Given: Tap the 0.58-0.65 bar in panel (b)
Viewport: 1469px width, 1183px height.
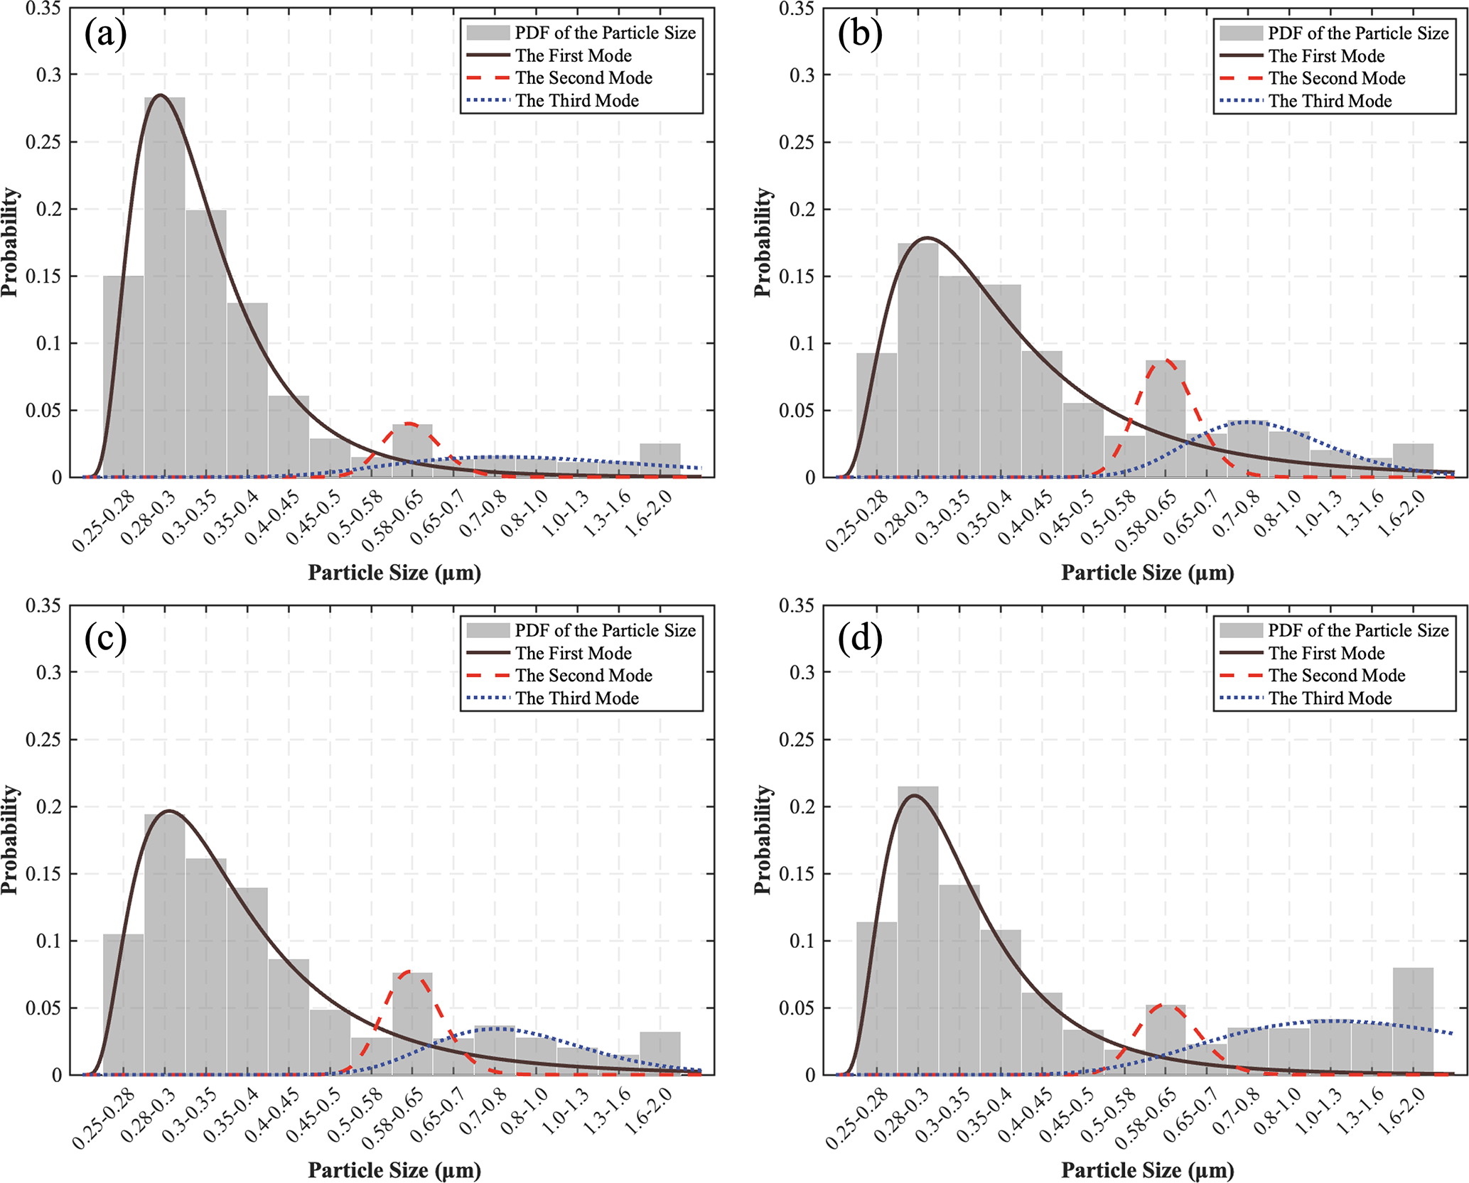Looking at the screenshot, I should tap(1166, 419).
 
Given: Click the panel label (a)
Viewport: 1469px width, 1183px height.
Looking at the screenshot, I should tap(105, 34).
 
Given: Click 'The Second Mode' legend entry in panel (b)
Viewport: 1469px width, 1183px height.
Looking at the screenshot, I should tap(1336, 78).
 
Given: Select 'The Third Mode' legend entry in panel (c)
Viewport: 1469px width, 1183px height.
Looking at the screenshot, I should tap(576, 698).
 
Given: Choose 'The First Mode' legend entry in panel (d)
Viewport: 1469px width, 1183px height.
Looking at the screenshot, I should tap(1326, 653).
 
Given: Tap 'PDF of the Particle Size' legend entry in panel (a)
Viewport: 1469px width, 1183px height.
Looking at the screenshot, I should tap(605, 33).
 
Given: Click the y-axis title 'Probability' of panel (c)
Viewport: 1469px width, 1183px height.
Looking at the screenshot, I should tap(10, 839).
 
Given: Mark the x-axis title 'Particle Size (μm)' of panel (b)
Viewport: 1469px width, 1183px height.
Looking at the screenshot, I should tap(1147, 573).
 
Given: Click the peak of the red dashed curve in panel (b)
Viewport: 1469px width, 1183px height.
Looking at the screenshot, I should tap(1166, 360).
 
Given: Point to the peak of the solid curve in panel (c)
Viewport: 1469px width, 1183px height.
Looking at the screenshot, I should tap(168, 811).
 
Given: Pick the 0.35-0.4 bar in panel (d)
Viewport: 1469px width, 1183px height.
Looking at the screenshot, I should tap(1001, 1002).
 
